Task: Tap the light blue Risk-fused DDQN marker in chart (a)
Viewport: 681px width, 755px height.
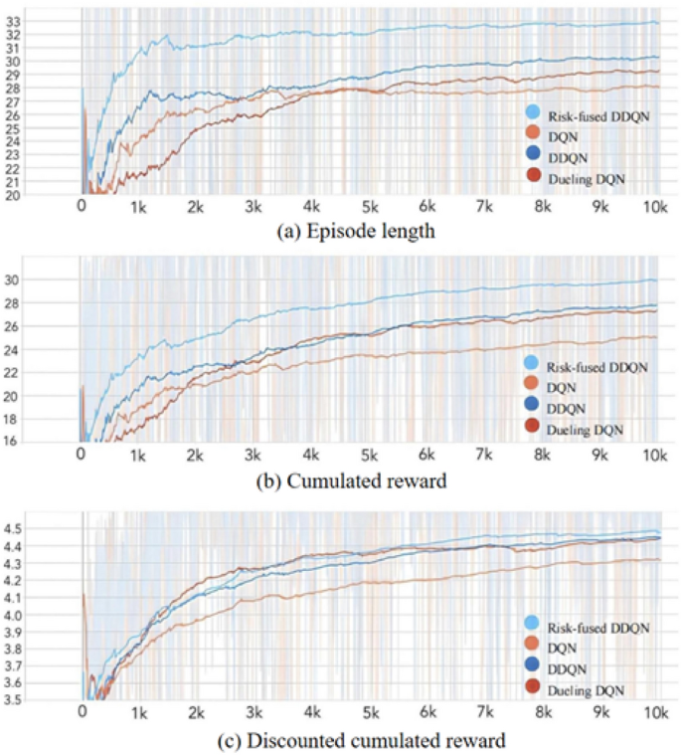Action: point(533,112)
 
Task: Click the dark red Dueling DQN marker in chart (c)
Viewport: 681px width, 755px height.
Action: point(533,687)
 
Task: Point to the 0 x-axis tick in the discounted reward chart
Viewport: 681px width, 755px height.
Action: point(82,714)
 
